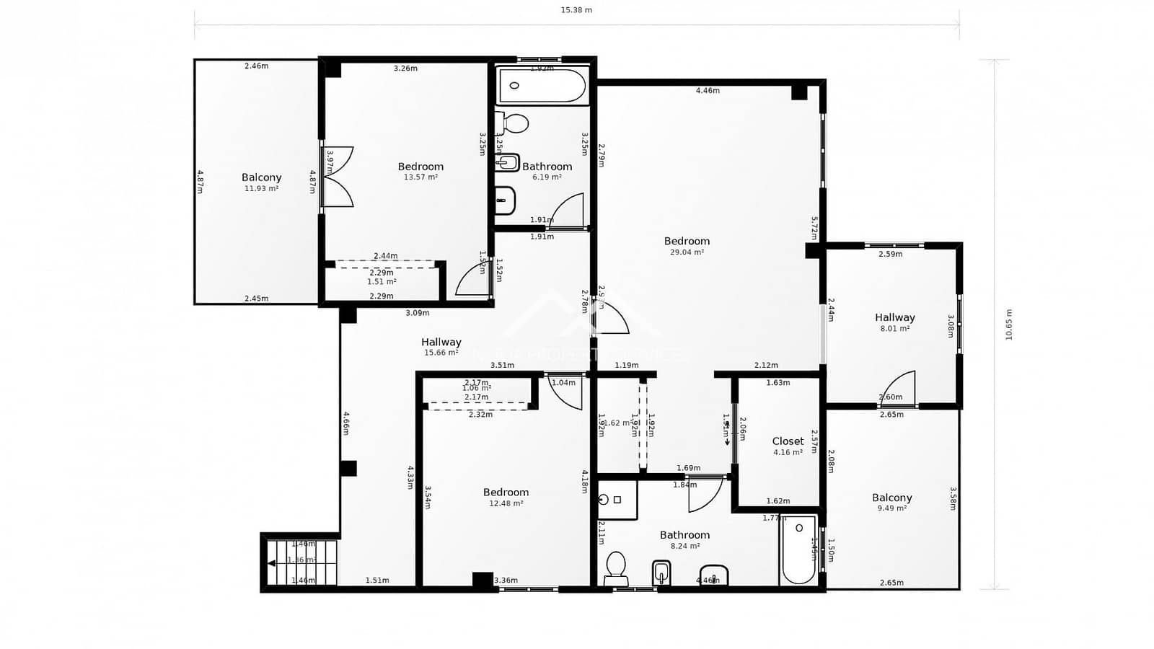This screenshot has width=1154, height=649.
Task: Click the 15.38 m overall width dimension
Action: click(x=576, y=10)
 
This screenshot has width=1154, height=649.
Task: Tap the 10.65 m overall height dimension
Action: click(x=1008, y=324)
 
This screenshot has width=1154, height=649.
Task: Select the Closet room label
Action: click(x=788, y=441)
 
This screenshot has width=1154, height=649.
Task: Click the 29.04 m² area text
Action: click(x=687, y=252)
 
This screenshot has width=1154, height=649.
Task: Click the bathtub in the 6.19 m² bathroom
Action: click(x=542, y=86)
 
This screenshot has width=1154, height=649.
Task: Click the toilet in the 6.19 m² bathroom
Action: click(x=514, y=122)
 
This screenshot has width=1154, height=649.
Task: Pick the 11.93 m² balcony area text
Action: click(x=261, y=189)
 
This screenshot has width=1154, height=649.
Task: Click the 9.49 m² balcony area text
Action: click(x=892, y=508)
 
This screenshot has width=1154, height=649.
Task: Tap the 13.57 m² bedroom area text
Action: click(x=420, y=177)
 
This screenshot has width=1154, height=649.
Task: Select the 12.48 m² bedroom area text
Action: click(x=506, y=503)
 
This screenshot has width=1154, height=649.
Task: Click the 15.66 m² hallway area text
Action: click(x=441, y=353)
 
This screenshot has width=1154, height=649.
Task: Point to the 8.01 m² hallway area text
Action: click(x=894, y=329)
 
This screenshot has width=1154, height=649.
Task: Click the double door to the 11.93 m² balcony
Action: click(x=337, y=177)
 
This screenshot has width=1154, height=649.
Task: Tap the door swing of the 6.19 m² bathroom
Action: click(x=568, y=211)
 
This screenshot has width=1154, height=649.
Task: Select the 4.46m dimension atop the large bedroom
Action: click(x=708, y=91)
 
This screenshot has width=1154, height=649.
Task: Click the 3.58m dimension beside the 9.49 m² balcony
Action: click(x=953, y=498)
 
